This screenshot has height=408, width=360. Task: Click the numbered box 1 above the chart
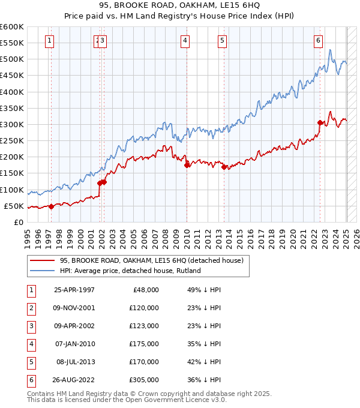point(49,41)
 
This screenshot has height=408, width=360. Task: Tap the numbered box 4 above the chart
point(185,41)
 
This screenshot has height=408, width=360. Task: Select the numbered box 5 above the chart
point(222,41)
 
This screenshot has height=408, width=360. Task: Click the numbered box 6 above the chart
point(317,41)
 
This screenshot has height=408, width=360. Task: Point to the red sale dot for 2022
point(320,123)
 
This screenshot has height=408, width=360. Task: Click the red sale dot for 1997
point(51,206)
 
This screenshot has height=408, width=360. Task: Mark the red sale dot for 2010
point(187,165)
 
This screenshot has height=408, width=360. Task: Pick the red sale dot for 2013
point(224,167)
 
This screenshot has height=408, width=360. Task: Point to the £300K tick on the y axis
point(12,124)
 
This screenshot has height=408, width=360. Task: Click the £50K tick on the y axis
point(14,206)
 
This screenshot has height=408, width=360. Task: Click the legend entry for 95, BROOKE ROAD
point(151,260)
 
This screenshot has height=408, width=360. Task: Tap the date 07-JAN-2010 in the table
point(74,344)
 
